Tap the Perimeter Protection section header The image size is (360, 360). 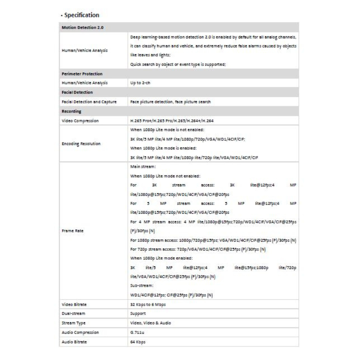(82, 73)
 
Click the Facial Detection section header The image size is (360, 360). (77, 92)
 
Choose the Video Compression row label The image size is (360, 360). (80, 121)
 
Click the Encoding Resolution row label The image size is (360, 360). (81, 144)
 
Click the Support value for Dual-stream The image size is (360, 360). (138, 314)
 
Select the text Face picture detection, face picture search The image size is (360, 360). (170, 102)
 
